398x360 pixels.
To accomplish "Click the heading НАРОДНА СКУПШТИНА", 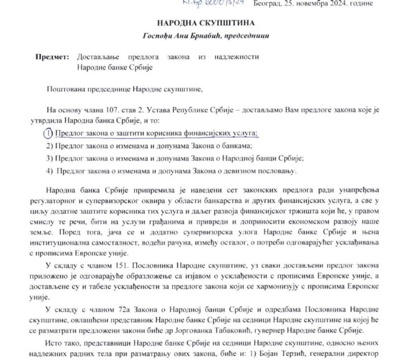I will pyautogui.click(x=199, y=23).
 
